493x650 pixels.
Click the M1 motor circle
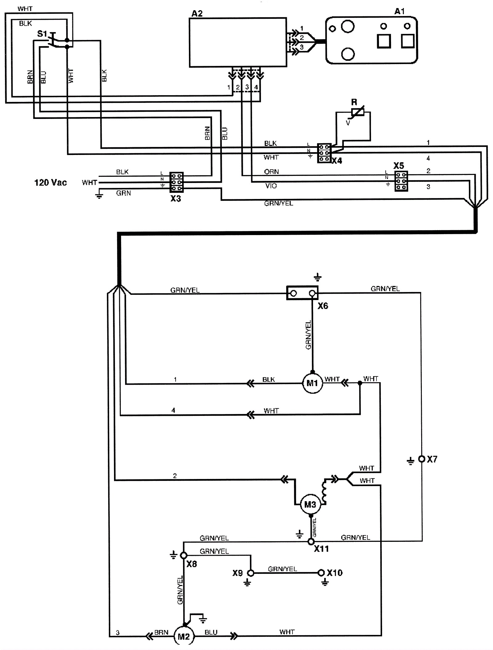(312, 383)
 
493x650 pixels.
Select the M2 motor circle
(184, 636)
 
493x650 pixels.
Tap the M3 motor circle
(310, 505)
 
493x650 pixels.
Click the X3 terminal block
(176, 182)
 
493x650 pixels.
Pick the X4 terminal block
(324, 153)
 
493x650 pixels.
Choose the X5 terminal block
(401, 181)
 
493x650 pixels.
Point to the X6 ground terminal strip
(302, 293)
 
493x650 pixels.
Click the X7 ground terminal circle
(422, 459)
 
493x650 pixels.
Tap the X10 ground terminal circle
(321, 573)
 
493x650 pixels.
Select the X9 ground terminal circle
(251, 573)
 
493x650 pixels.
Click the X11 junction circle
(311, 541)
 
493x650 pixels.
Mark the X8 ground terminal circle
(183, 555)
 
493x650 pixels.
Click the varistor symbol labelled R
(357, 112)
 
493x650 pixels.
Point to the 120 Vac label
(51, 182)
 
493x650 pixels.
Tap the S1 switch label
(42, 34)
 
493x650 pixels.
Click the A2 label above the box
(197, 14)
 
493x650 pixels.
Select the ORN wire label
(271, 172)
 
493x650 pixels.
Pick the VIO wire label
(271, 186)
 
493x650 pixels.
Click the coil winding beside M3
(324, 492)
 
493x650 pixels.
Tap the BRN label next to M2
(161, 632)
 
